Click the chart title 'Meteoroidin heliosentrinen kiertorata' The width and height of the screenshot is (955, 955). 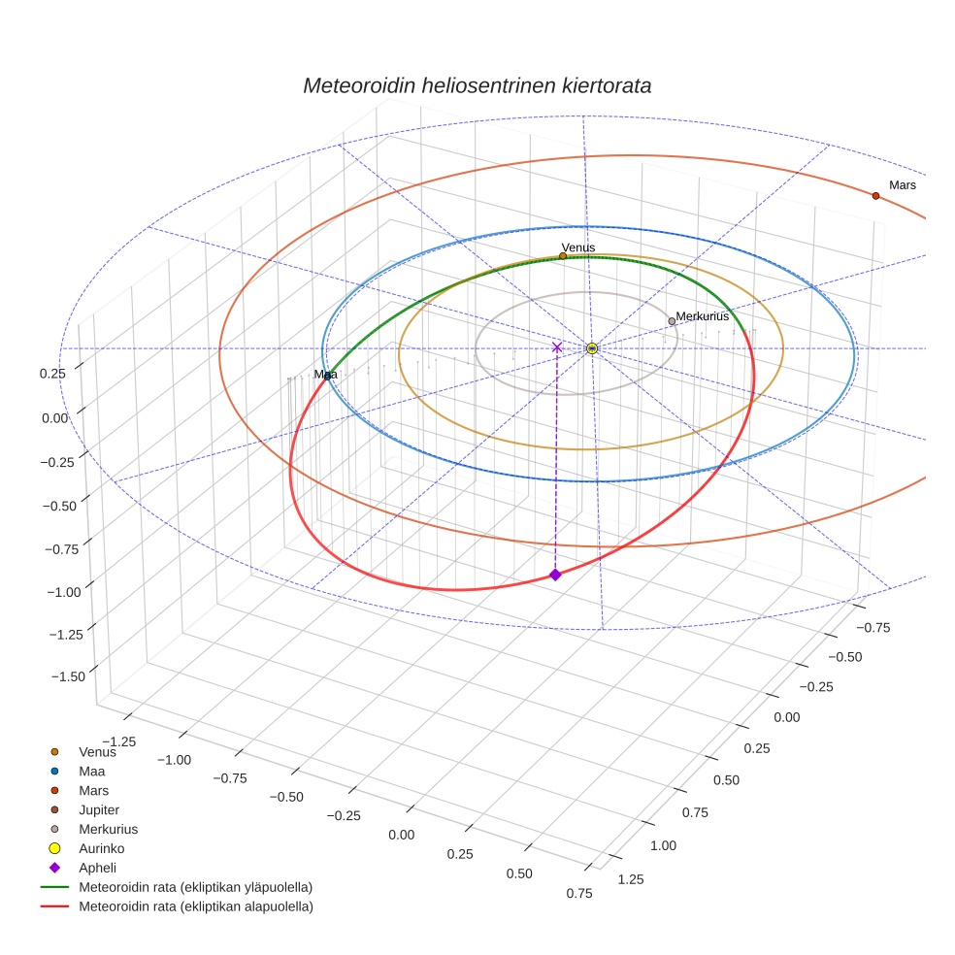(x=477, y=85)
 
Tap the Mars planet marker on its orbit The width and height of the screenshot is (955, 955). (x=875, y=196)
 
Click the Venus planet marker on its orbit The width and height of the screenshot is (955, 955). (x=563, y=256)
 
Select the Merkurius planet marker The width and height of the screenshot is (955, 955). (x=672, y=321)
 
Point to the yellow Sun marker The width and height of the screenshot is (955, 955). (x=592, y=348)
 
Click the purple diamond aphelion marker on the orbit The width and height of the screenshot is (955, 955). (x=555, y=575)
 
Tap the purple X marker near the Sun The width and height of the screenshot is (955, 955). (x=557, y=347)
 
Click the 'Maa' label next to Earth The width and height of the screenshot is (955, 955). (x=325, y=375)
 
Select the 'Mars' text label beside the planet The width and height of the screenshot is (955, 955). (x=903, y=185)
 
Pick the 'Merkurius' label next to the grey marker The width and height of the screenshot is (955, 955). (x=702, y=316)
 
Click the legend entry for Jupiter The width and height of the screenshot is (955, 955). (x=99, y=809)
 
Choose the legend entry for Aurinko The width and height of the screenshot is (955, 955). (x=101, y=848)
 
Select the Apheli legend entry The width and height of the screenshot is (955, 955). (x=97, y=868)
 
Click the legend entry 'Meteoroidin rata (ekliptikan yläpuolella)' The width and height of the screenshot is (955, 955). (x=195, y=887)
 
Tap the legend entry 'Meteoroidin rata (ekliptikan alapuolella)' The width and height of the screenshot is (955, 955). (x=195, y=906)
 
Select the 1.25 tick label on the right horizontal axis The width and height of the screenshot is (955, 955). (x=631, y=879)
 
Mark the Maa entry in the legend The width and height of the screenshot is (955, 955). (x=91, y=771)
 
